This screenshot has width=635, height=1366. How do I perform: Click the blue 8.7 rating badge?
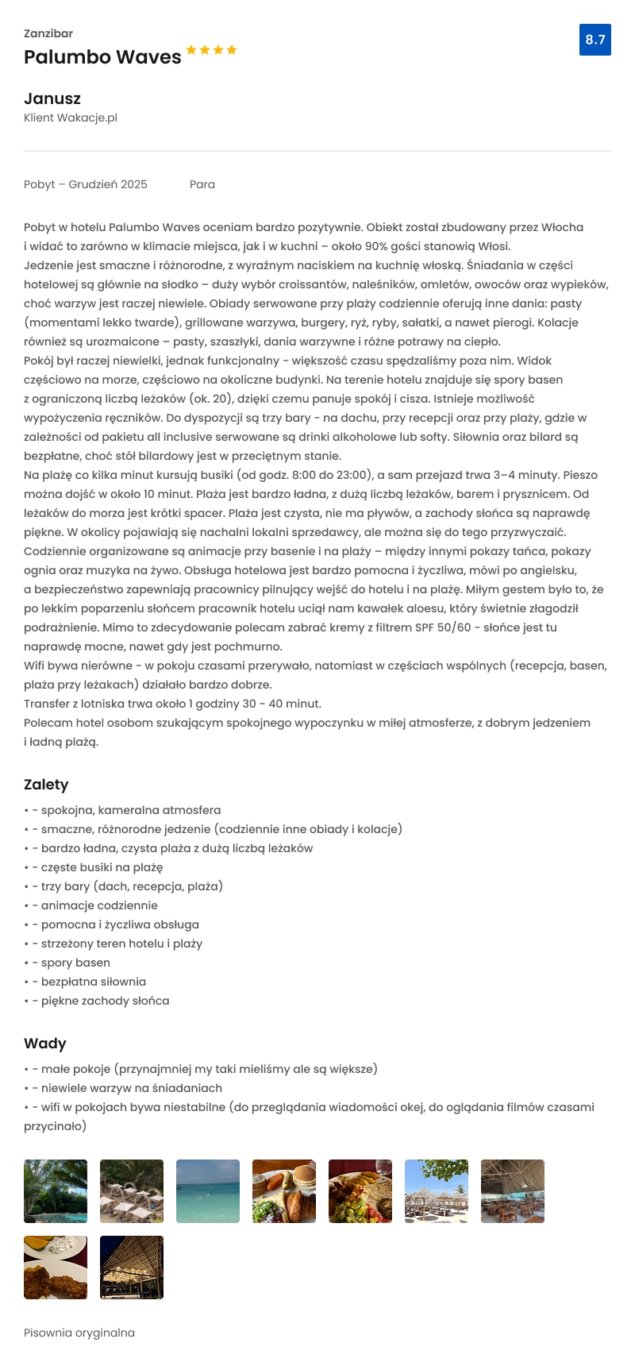(x=595, y=40)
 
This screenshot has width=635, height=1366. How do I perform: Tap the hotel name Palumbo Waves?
(x=102, y=57)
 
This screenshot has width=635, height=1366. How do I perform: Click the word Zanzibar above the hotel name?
(x=48, y=33)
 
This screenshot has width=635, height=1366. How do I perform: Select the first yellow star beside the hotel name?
(x=191, y=50)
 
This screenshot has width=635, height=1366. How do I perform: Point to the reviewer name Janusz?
(x=52, y=98)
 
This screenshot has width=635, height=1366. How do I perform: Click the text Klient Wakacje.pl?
(x=71, y=118)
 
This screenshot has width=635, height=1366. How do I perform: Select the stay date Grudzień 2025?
(x=108, y=184)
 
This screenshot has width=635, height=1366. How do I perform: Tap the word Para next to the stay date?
(x=202, y=184)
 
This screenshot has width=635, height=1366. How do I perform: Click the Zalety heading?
(x=46, y=785)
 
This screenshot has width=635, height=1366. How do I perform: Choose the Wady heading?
(x=45, y=1044)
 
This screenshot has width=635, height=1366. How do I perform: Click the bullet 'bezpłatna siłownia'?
(x=94, y=982)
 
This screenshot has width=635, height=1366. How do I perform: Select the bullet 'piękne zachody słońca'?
(x=105, y=1001)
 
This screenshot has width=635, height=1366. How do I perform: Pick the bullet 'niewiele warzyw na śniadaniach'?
(x=132, y=1088)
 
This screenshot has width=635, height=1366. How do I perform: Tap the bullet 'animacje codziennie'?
(x=99, y=905)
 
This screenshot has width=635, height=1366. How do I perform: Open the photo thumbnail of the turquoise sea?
(x=208, y=1191)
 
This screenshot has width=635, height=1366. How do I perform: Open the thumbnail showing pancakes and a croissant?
(x=284, y=1191)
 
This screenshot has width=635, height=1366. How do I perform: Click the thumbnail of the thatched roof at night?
(x=132, y=1268)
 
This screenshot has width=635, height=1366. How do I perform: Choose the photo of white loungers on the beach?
(x=132, y=1191)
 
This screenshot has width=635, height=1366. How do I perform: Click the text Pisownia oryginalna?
(x=79, y=1333)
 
